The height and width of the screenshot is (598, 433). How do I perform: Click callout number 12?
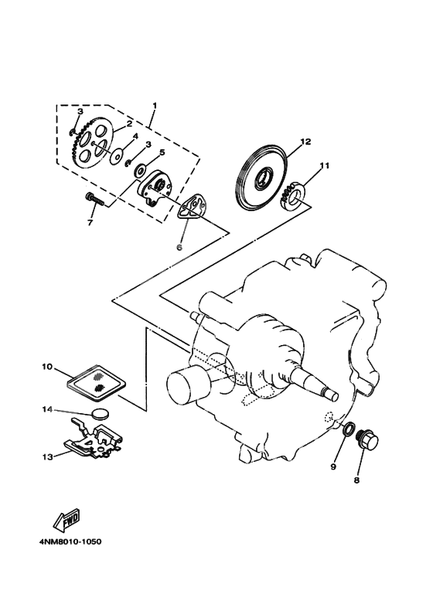tap(284, 142)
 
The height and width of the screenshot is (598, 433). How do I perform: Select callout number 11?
tap(325, 165)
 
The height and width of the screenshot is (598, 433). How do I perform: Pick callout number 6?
tap(179, 248)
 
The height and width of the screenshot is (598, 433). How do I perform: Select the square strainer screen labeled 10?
tap(94, 377)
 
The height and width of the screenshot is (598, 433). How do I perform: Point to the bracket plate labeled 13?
tap(93, 441)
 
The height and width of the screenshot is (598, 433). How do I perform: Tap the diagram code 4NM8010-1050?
tap(70, 541)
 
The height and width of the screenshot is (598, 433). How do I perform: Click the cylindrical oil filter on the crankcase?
tap(187, 383)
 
